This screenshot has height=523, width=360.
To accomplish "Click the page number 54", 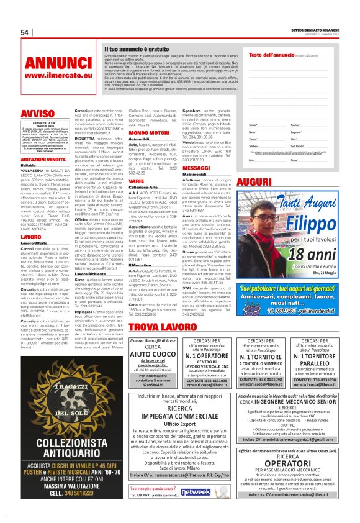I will point(25,33).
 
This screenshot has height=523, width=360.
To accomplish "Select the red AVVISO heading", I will point(37,114).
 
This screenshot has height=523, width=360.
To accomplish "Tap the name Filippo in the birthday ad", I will point(307,221).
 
